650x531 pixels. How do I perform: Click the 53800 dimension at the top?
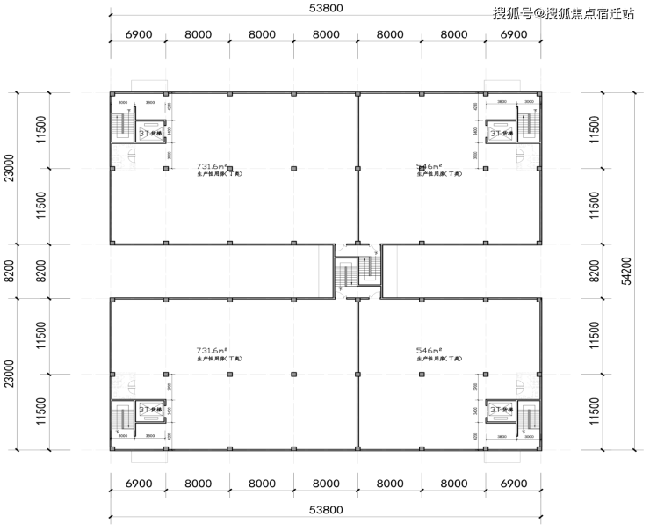click(326, 9)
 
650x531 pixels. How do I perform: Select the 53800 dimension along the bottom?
click(326, 510)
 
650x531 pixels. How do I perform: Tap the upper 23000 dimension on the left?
click(10, 167)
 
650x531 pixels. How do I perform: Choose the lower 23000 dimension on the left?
click(10, 375)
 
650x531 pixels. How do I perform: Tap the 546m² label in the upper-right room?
click(428, 164)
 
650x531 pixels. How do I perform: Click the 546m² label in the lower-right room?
click(428, 350)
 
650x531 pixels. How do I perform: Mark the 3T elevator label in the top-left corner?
click(148, 134)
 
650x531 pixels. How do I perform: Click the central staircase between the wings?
click(357, 272)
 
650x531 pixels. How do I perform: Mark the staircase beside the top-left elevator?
click(120, 126)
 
